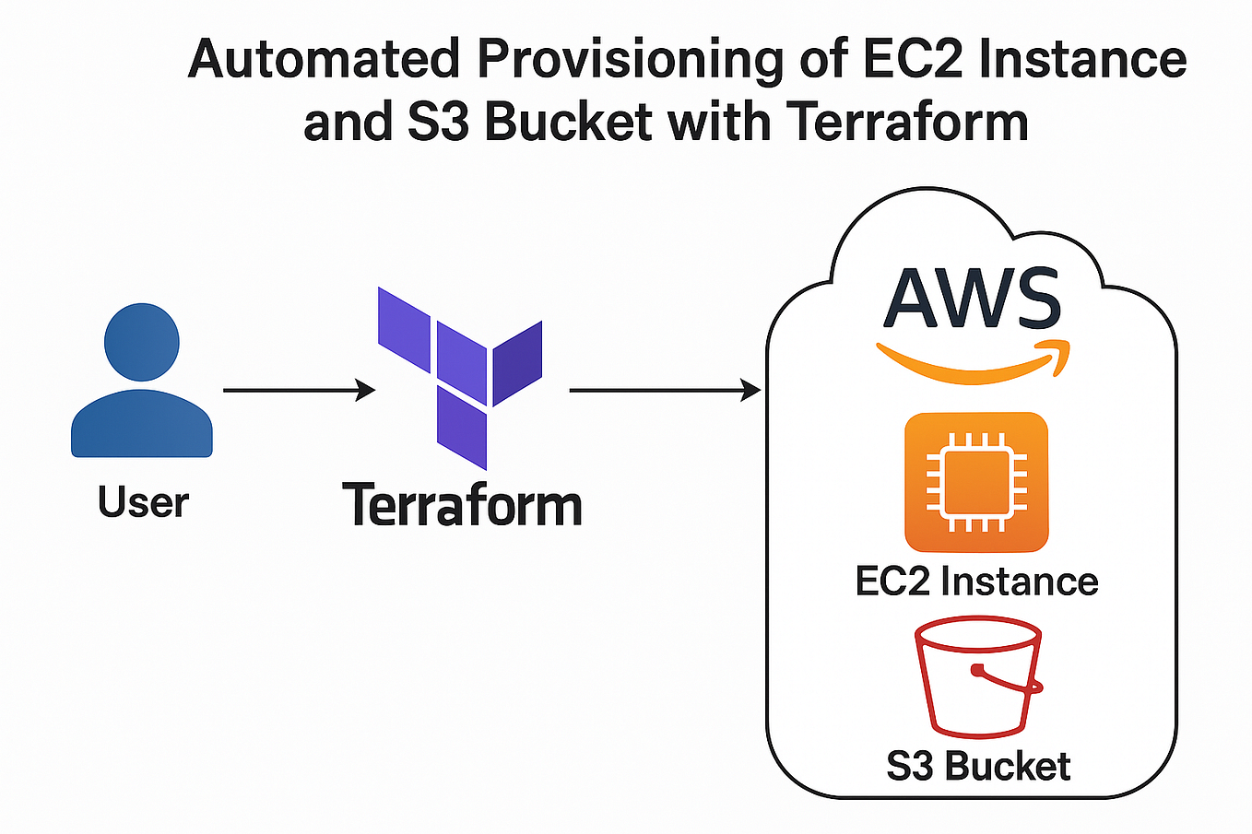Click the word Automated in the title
tap(323, 59)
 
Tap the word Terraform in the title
tap(908, 123)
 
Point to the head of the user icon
tap(142, 341)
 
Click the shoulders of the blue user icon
tap(142, 424)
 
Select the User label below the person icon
tap(143, 502)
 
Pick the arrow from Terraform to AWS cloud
tap(664, 391)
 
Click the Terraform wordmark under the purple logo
tap(462, 506)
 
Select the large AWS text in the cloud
tap(973, 300)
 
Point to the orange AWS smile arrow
tap(973, 363)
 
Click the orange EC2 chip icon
tap(976, 482)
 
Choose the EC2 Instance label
tap(976, 581)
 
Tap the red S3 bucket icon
tap(977, 678)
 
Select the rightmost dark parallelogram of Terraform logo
tap(517, 362)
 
